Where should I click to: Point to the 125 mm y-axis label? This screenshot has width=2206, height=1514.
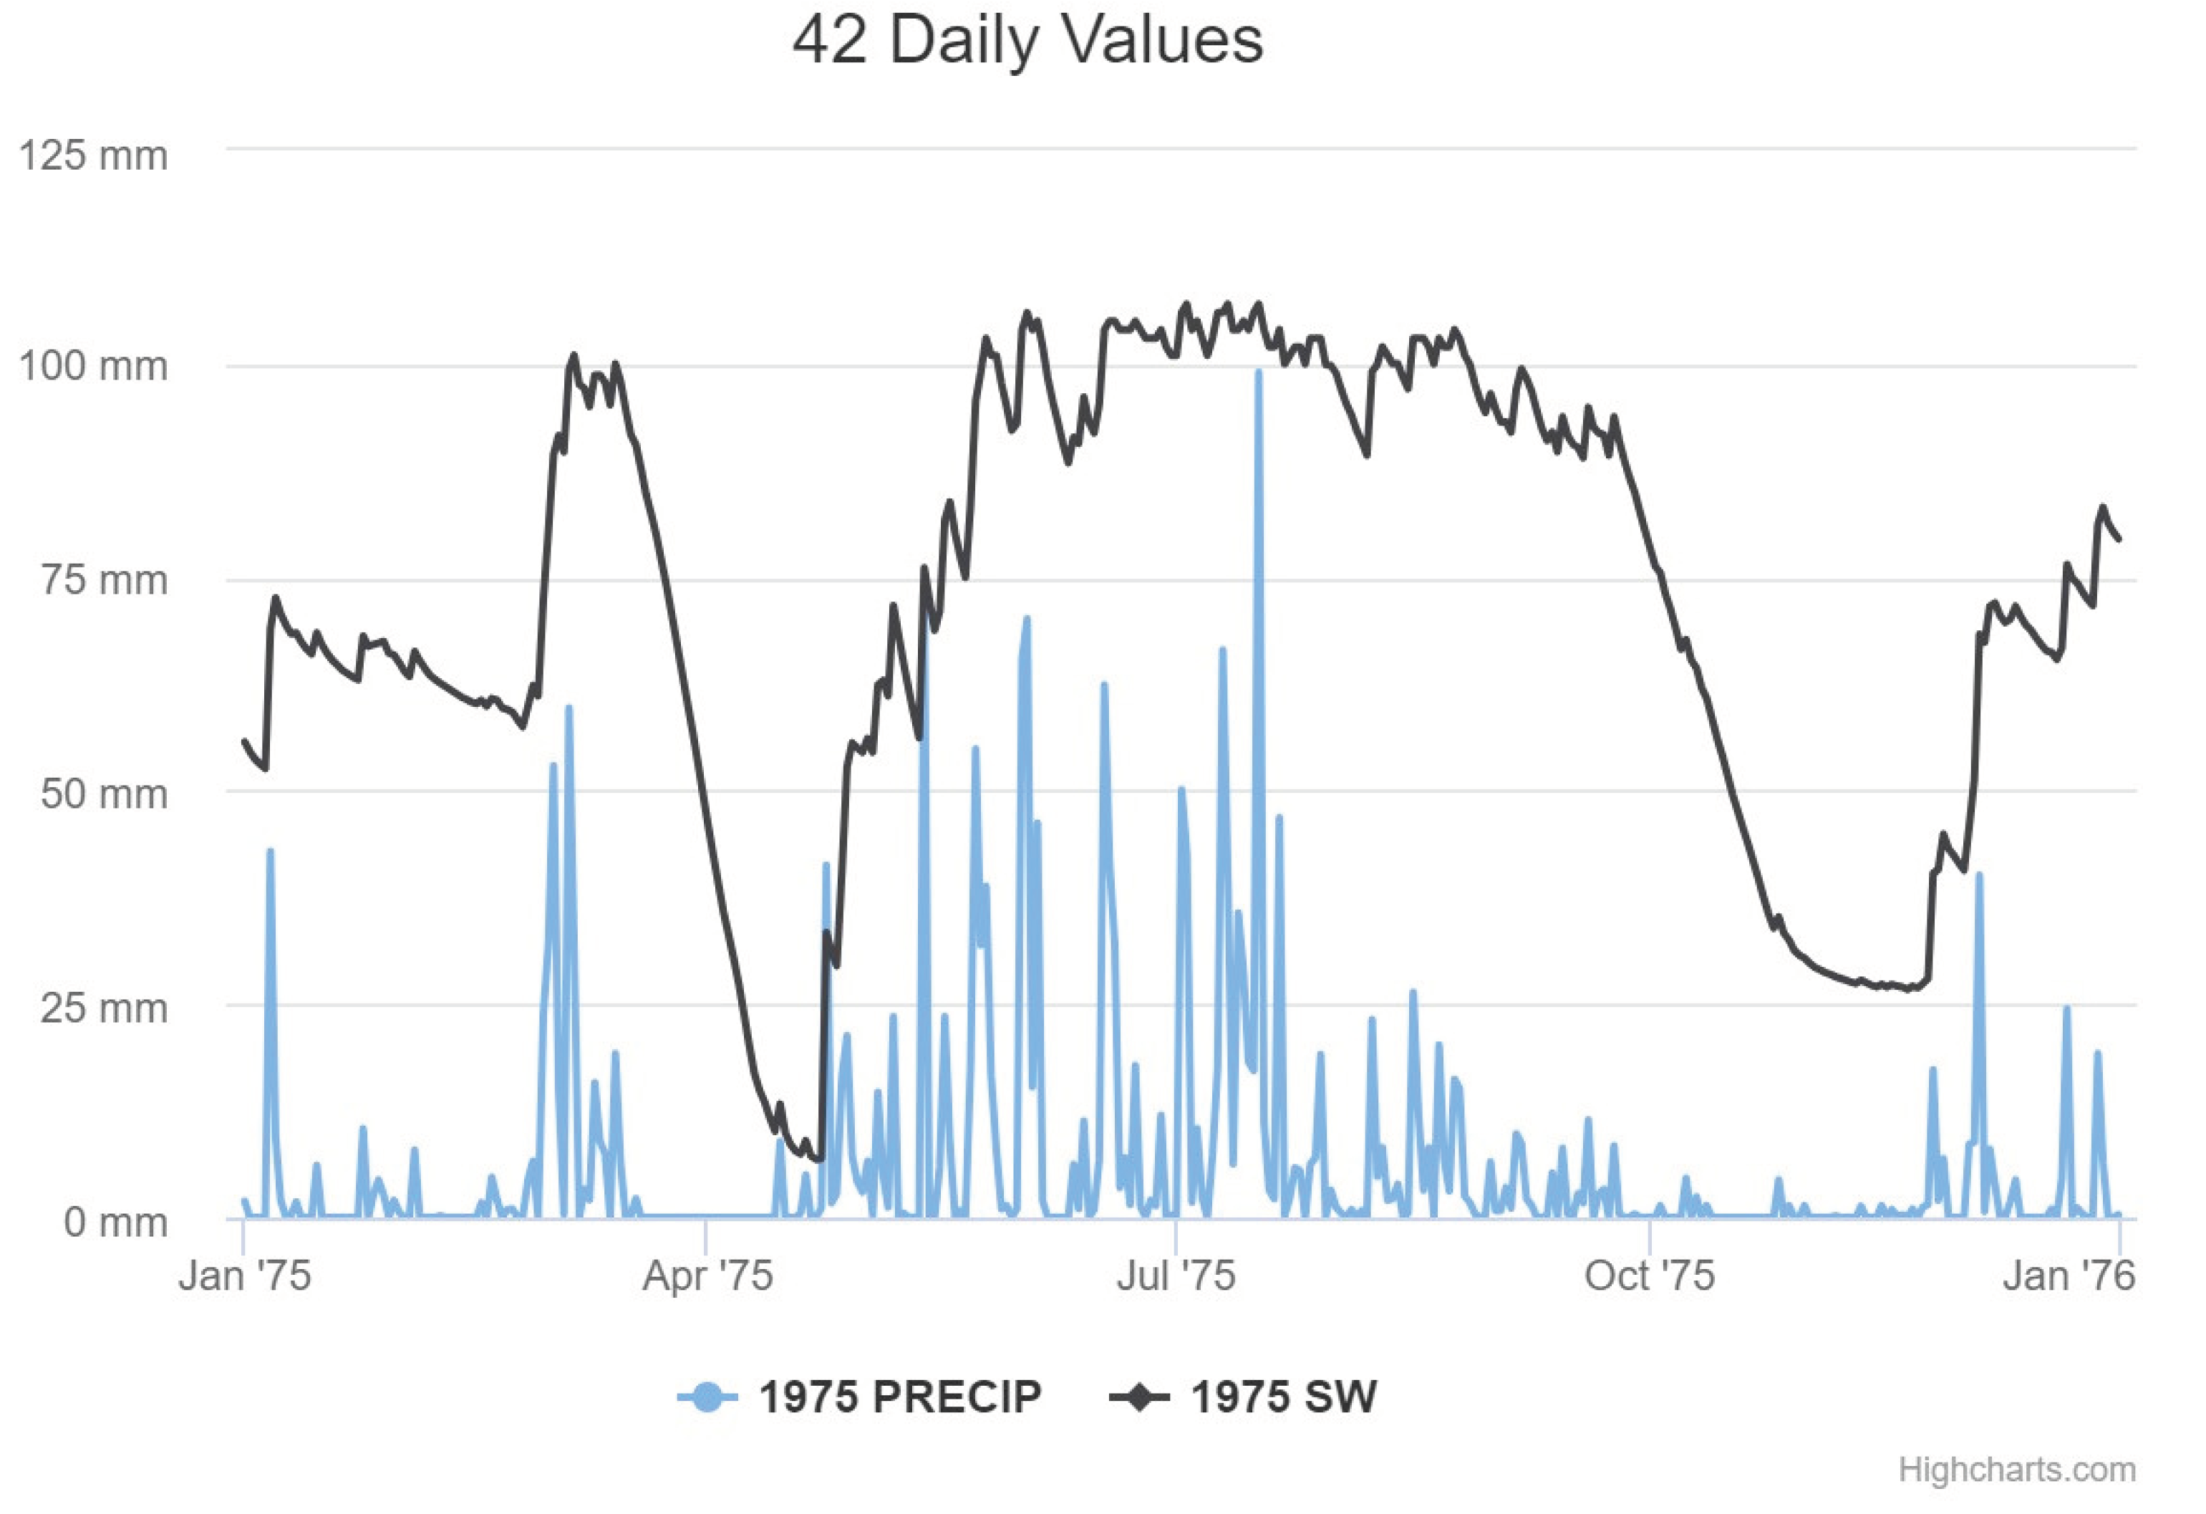tap(93, 155)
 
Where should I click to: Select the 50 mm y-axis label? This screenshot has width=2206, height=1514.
tap(104, 793)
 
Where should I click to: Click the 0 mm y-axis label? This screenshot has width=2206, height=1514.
tap(115, 1222)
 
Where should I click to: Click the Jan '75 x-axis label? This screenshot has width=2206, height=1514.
tap(245, 1276)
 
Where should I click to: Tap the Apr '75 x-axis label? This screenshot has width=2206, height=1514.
tap(707, 1276)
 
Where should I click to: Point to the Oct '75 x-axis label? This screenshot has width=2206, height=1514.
tap(1649, 1276)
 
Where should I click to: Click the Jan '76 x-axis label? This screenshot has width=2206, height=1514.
tap(2069, 1276)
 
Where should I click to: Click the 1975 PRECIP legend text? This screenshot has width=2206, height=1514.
tap(900, 1397)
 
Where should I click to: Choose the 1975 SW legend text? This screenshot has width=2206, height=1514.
tap(1283, 1397)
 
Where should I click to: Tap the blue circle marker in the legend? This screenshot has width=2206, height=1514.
tap(707, 1397)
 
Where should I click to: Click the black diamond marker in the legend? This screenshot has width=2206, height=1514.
tap(1139, 1397)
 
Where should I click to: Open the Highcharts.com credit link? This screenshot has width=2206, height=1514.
tap(2016, 1470)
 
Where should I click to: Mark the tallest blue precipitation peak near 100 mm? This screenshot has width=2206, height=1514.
tap(1258, 373)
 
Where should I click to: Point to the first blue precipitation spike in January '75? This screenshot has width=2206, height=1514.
tap(270, 852)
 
